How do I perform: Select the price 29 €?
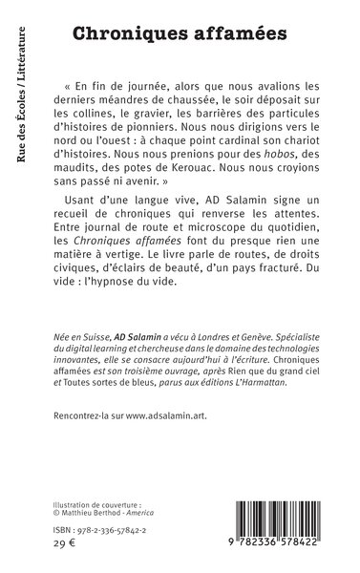[x=62, y=551]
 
